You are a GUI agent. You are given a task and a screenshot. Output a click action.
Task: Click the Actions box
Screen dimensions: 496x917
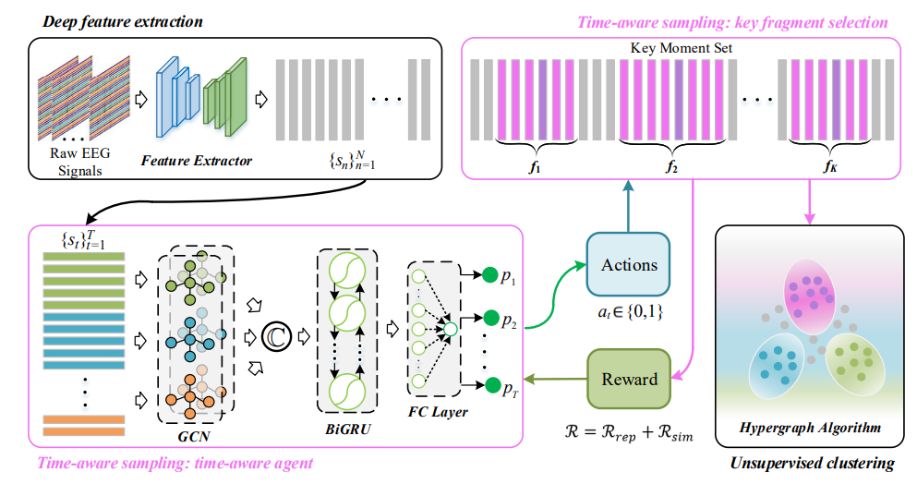[630, 265]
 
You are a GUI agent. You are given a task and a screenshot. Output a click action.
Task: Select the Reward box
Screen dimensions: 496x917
[630, 378]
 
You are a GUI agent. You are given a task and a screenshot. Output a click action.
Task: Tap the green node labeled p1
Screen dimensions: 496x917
[489, 275]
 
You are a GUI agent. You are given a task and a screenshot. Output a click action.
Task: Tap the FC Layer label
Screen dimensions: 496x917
[438, 412]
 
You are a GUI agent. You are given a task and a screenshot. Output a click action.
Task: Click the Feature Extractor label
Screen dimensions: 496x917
[196, 161]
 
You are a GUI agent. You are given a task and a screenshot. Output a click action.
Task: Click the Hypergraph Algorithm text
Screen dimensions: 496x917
[809, 427]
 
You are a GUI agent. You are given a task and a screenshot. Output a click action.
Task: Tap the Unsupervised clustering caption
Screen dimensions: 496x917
[812, 464]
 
